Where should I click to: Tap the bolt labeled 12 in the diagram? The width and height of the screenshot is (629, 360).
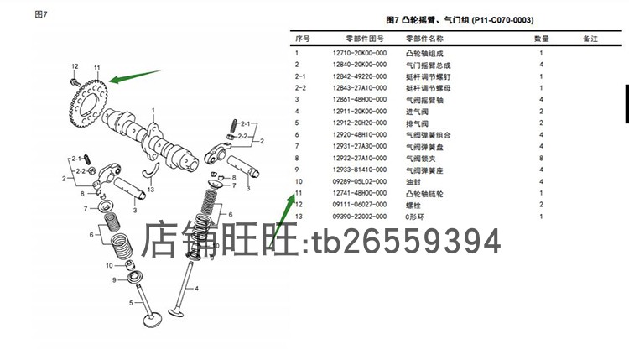pyautogui.click(x=74, y=82)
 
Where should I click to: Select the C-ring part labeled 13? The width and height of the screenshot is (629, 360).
pyautogui.click(x=151, y=170)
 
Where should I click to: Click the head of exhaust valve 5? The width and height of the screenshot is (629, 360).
pyautogui.click(x=152, y=320)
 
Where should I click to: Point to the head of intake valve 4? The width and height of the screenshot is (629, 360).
pyautogui.click(x=176, y=312)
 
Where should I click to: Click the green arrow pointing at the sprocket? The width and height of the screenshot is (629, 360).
pyautogui.click(x=136, y=76)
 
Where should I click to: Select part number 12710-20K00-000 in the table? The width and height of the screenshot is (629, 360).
pyautogui.click(x=360, y=53)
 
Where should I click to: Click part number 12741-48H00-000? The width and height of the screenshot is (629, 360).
pyautogui.click(x=360, y=193)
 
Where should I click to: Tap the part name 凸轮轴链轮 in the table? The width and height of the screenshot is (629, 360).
pyautogui.click(x=424, y=194)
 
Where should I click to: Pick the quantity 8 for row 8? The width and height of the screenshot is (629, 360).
pyautogui.click(x=541, y=158)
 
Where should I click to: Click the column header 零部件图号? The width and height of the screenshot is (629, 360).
pyautogui.click(x=365, y=39)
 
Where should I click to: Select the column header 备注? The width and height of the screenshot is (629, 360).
pyautogui.click(x=590, y=39)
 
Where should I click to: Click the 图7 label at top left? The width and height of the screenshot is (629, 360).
pyautogui.click(x=41, y=14)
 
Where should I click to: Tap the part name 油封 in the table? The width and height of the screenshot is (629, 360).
pyautogui.click(x=413, y=182)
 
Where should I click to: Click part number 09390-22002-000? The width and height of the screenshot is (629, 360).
pyautogui.click(x=360, y=217)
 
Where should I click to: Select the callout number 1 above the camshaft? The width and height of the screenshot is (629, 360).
pyautogui.click(x=153, y=111)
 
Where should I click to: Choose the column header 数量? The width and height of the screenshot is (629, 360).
pyautogui.click(x=541, y=39)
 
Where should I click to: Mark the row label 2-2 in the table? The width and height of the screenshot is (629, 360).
pyautogui.click(x=300, y=88)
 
